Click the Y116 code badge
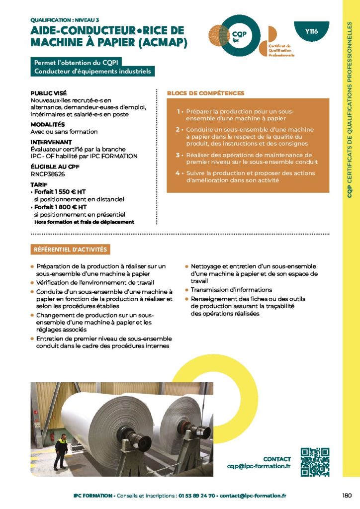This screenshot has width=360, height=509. [311, 32]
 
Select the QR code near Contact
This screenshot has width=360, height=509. [315, 462]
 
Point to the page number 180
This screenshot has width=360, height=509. [347, 495]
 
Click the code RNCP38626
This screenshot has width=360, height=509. [48, 174]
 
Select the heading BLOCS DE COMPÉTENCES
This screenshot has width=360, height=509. [205, 93]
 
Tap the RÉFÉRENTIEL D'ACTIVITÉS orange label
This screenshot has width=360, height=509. [70, 250]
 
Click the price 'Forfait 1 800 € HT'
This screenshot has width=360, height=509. [60, 207]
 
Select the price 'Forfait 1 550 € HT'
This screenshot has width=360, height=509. [60, 192]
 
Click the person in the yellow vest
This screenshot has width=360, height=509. [61, 451]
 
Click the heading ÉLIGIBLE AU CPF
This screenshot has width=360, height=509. [54, 168]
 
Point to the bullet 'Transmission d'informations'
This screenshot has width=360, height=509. [231, 290]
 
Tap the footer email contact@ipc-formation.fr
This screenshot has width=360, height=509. [253, 496]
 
